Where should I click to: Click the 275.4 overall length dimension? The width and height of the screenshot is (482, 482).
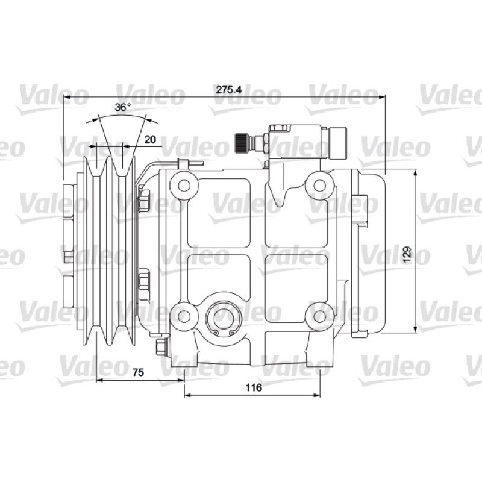(229, 89)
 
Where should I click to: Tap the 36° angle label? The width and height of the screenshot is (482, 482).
(123, 107)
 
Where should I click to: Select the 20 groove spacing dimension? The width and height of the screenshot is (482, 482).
(150, 139)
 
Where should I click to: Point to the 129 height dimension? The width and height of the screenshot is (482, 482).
(407, 254)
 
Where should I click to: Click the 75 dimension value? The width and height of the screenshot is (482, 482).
(138, 372)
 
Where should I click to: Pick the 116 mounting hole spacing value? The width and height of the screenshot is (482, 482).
(254, 387)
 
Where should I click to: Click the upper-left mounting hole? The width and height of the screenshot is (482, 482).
(184, 186)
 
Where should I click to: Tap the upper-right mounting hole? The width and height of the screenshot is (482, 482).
(320, 186)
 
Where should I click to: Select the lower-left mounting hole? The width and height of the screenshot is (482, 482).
(184, 316)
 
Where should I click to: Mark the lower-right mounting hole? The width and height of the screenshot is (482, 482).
(320, 316)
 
